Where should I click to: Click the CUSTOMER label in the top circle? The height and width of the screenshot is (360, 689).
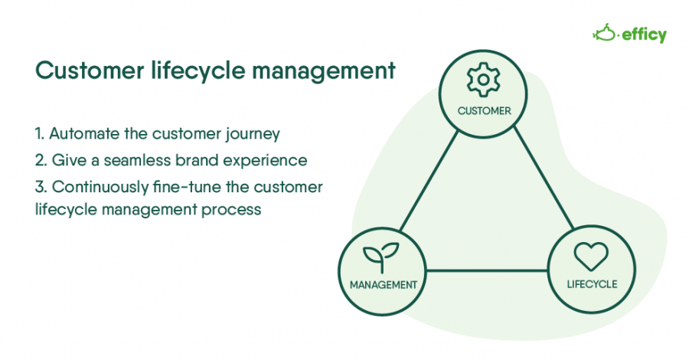point(484,111)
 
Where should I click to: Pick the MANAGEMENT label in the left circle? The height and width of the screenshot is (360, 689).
point(383,284)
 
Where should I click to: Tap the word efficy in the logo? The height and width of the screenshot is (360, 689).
point(644,34)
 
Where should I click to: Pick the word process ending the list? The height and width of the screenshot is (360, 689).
point(235,209)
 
